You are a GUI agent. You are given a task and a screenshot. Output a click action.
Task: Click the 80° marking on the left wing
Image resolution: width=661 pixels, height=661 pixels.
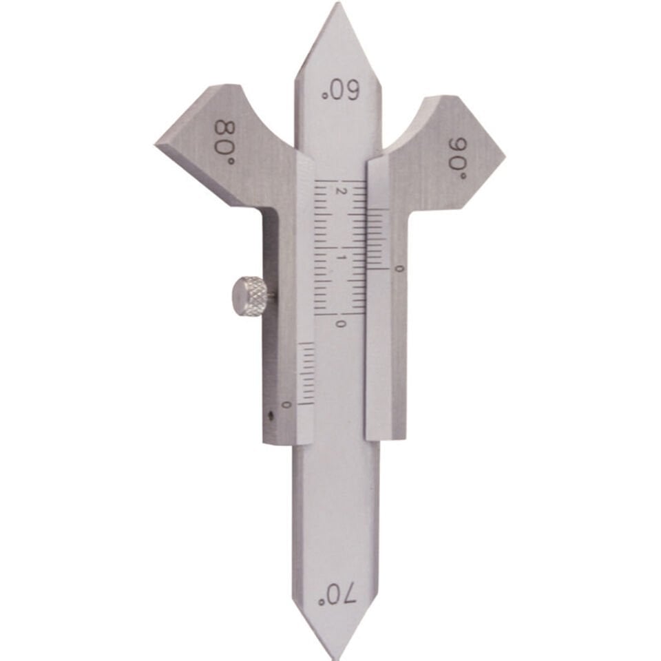point(225,142)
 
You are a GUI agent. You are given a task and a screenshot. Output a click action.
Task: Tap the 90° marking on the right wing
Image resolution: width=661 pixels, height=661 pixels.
point(459,158)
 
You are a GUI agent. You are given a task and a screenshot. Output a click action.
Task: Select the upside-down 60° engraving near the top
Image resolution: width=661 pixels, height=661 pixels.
point(341,91)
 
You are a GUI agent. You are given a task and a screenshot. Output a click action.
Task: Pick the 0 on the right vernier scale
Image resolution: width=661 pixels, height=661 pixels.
point(399,268)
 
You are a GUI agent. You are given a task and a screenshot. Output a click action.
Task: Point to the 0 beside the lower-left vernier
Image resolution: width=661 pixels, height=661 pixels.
point(286,403)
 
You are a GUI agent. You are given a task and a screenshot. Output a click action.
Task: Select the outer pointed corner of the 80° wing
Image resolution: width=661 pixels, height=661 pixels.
point(157,143)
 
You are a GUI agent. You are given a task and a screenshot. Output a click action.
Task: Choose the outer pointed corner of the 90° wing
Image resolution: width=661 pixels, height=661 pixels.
point(503,158)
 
